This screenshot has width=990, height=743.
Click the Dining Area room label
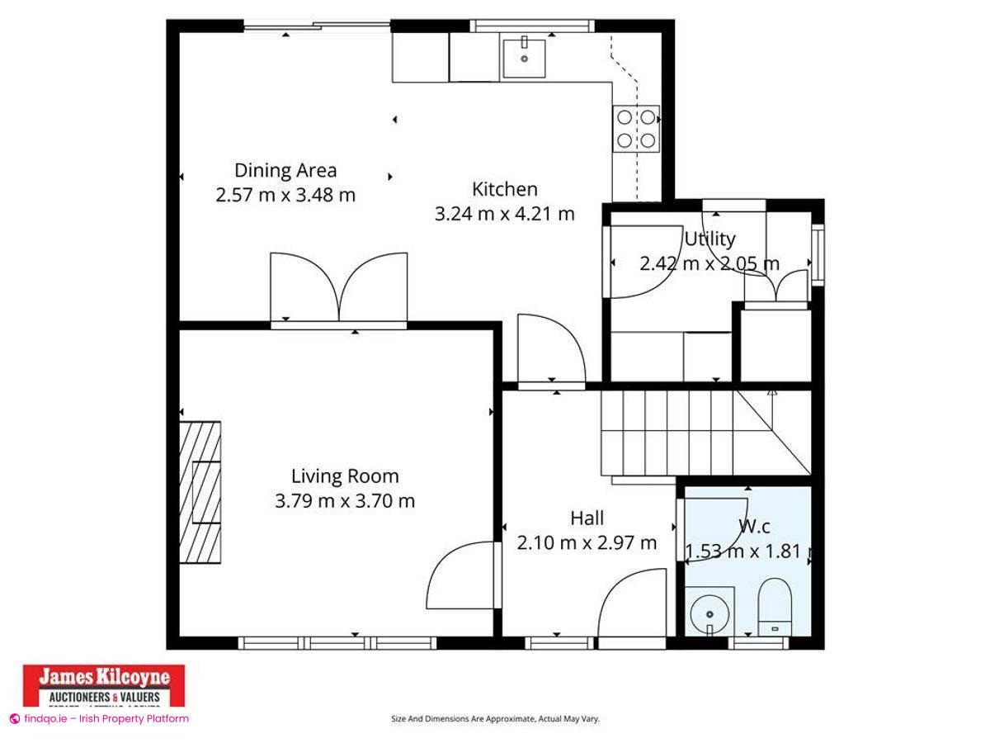click(x=285, y=171)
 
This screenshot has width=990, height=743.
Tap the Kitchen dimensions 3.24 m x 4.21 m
click(x=504, y=214)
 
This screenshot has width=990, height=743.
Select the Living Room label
click(x=345, y=476)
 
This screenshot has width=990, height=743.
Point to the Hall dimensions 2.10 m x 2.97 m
click(x=587, y=542)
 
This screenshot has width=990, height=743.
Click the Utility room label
click(x=709, y=239)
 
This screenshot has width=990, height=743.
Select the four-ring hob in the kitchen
click(x=637, y=129)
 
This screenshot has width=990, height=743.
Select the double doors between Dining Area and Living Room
click(x=339, y=287)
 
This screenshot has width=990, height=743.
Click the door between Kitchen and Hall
click(x=550, y=350)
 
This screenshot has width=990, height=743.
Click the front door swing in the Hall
click(x=631, y=606)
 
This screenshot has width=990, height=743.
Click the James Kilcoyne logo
click(x=104, y=684)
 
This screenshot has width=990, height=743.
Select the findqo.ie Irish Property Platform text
click(x=100, y=718)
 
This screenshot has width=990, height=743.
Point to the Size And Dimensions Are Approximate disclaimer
click(x=495, y=719)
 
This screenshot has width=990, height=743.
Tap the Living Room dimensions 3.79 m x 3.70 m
click(x=345, y=500)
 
